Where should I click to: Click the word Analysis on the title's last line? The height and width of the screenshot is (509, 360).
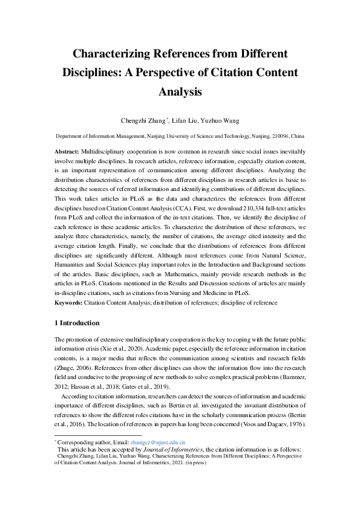coord(179,92)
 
